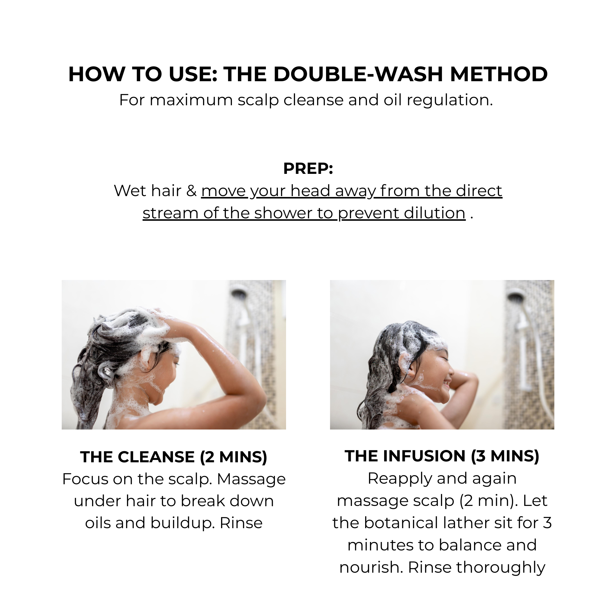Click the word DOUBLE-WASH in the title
[x=358, y=74]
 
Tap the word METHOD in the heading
[x=499, y=74]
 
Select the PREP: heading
[x=308, y=168]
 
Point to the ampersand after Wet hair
[x=191, y=191]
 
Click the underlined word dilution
[x=402, y=213]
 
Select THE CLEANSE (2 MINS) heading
[x=174, y=457]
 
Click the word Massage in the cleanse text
[x=251, y=479]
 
